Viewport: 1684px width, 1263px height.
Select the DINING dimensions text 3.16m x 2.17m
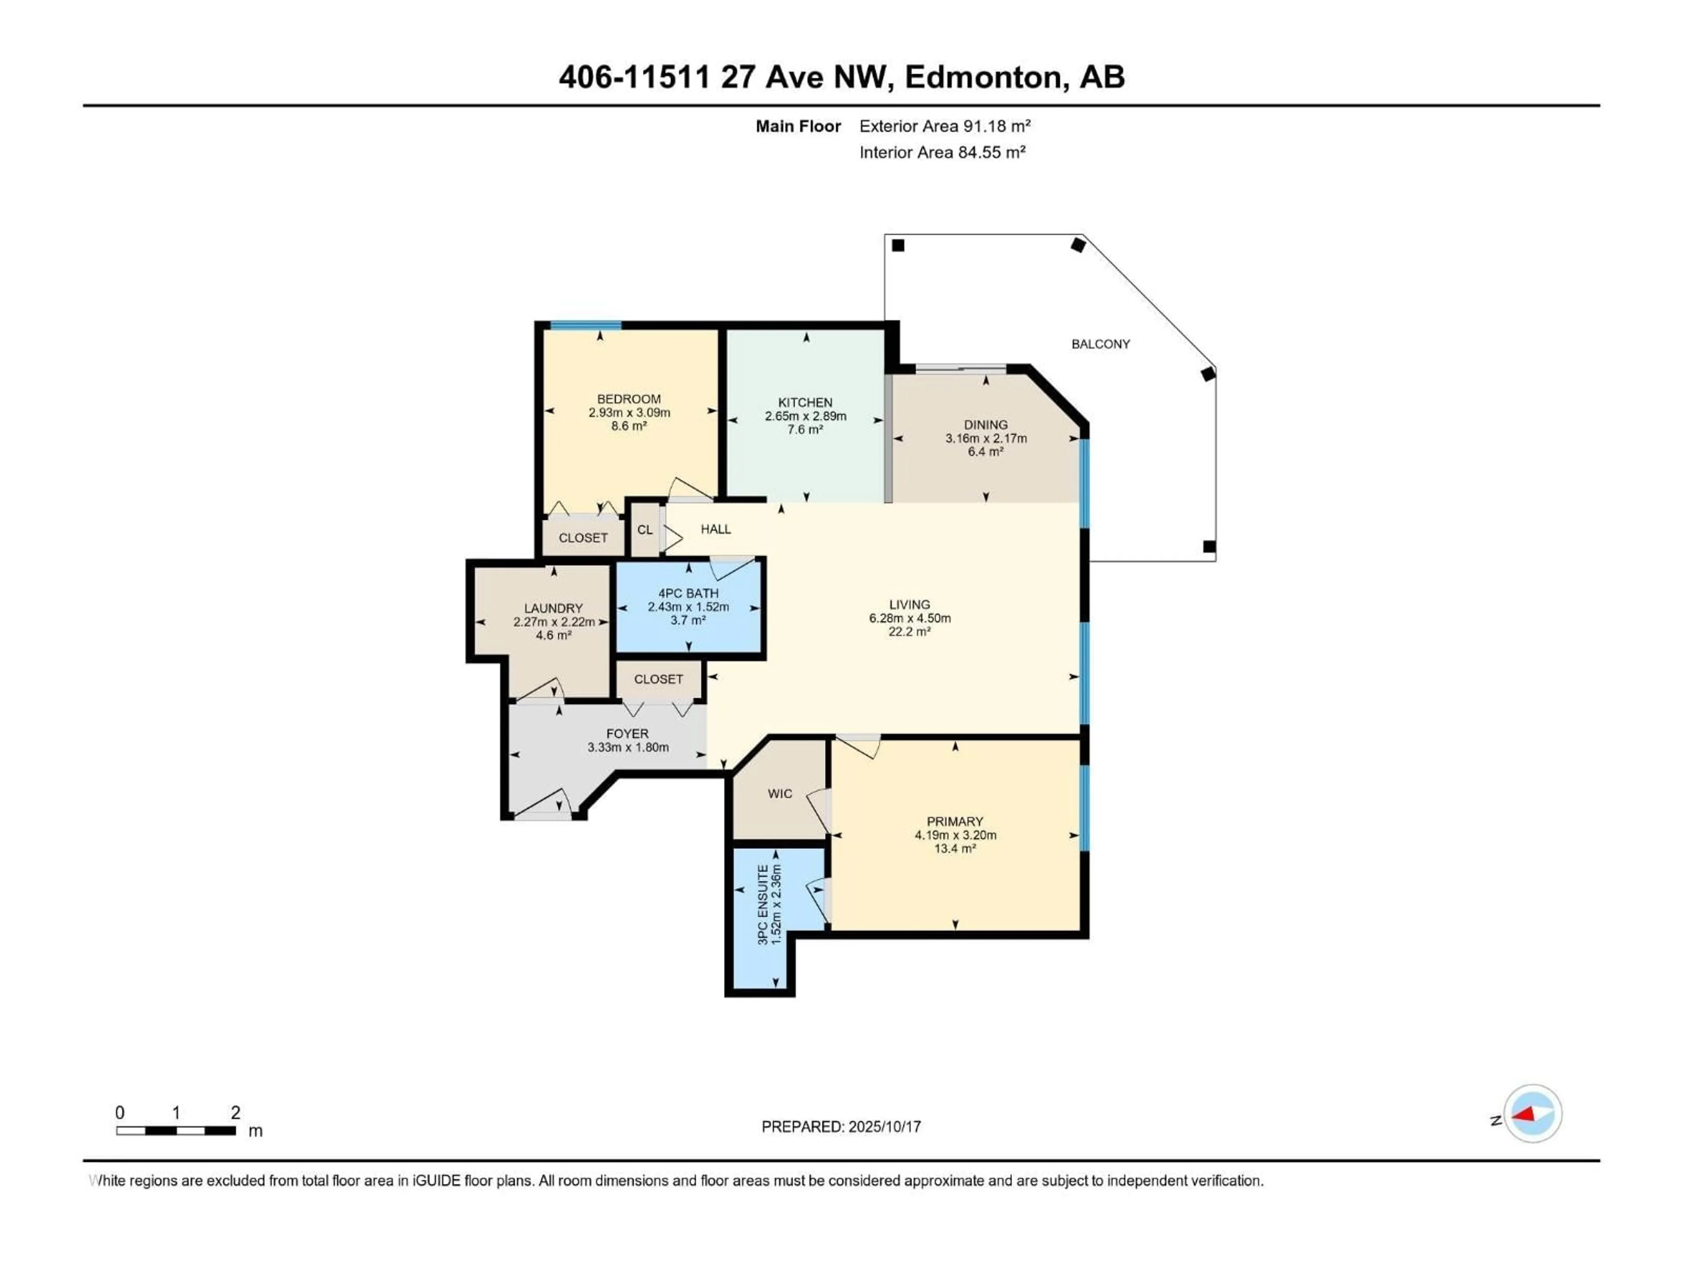point(986,439)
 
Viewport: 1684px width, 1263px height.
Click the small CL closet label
point(645,530)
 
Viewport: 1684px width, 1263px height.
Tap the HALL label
point(716,529)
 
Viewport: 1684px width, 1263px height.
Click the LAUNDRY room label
point(553,608)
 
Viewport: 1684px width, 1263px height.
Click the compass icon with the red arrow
point(1533,1114)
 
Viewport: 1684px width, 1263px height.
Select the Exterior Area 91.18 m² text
point(945,126)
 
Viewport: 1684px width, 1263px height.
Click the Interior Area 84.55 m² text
point(942,152)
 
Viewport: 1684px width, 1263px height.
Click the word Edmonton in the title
point(983,77)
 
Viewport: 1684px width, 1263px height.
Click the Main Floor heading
point(798,126)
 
